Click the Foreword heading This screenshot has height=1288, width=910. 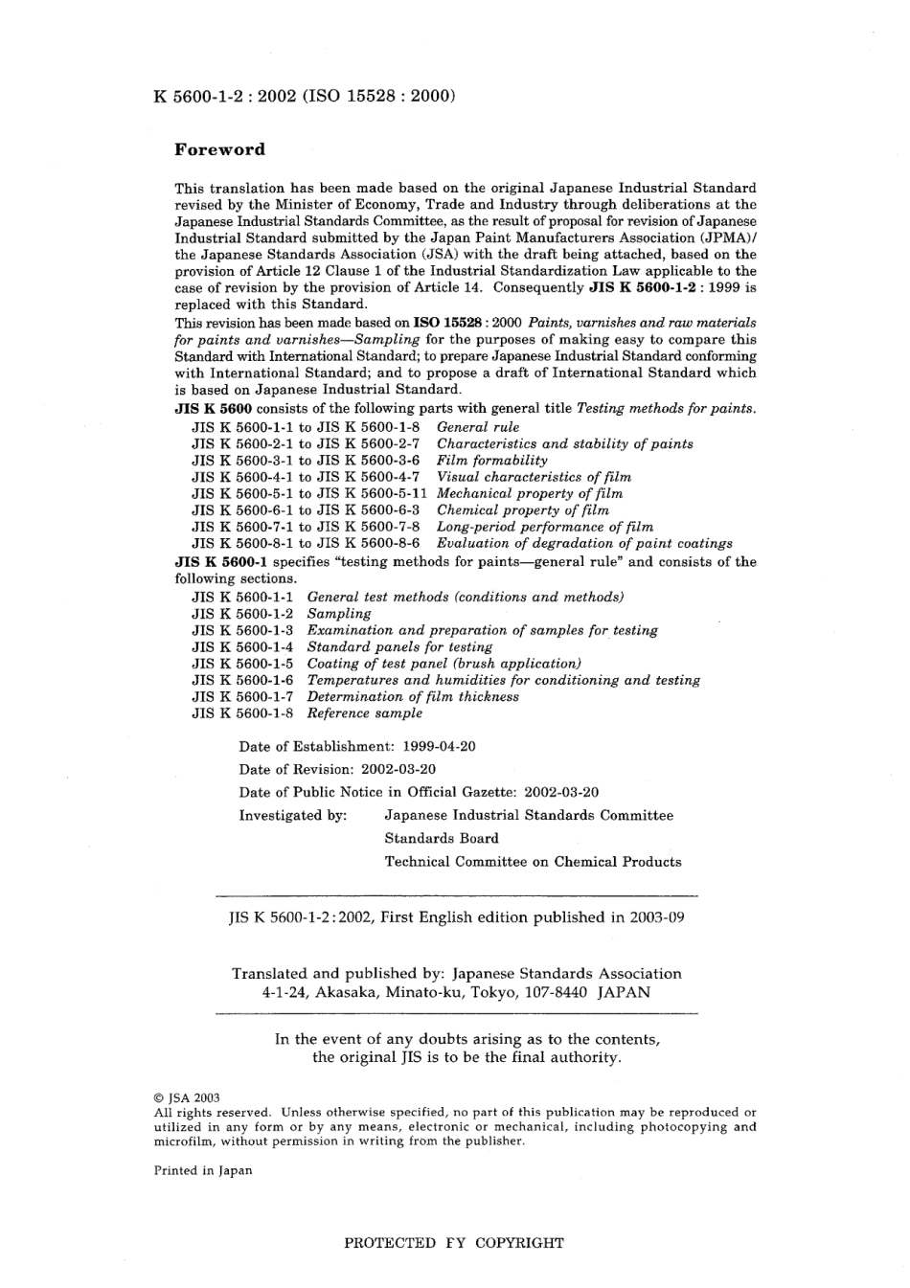pyautogui.click(x=219, y=149)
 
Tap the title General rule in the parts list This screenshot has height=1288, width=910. pyautogui.click(x=478, y=427)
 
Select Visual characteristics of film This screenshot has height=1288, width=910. pyautogui.click(x=534, y=477)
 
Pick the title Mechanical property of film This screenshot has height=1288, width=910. pyautogui.click(x=529, y=493)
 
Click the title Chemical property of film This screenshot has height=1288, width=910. pyautogui.click(x=522, y=510)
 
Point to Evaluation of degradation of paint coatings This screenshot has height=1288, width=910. pyautogui.click(x=584, y=543)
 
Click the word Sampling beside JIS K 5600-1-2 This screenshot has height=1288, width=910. pyautogui.click(x=339, y=614)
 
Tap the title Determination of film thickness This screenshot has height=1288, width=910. pyautogui.click(x=413, y=696)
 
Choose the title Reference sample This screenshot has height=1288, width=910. pyautogui.click(x=364, y=713)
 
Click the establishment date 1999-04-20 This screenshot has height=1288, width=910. pyautogui.click(x=439, y=746)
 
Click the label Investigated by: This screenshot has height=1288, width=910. pyautogui.click(x=292, y=815)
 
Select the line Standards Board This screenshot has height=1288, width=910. pyautogui.click(x=442, y=838)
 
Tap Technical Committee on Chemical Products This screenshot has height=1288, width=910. pyautogui.click(x=533, y=861)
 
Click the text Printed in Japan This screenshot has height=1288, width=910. pyautogui.click(x=203, y=1170)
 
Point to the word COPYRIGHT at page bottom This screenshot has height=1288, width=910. pyautogui.click(x=519, y=1243)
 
